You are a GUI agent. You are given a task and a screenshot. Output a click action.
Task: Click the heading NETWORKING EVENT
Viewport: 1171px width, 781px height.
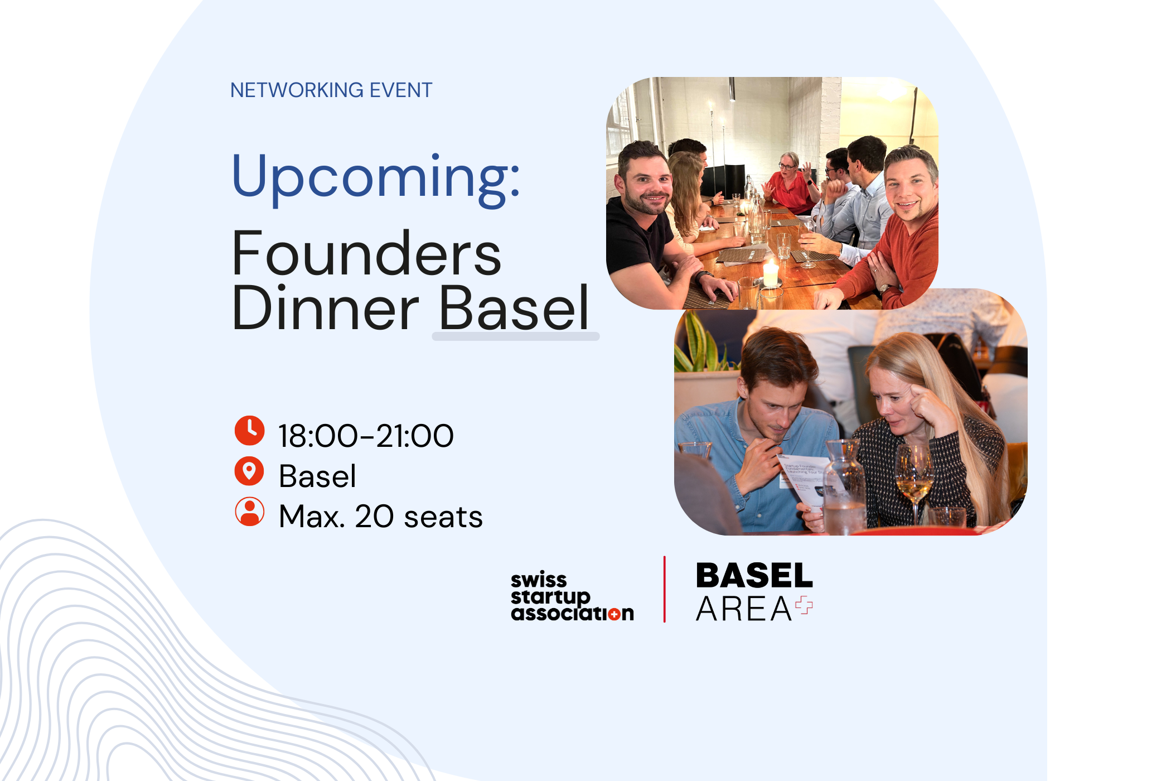[331, 90]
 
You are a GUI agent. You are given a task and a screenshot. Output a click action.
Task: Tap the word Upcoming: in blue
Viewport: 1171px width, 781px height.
[376, 177]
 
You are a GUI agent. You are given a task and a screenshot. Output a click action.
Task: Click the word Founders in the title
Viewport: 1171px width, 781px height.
[366, 254]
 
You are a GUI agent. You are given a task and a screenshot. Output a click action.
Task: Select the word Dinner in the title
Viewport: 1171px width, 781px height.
[325, 308]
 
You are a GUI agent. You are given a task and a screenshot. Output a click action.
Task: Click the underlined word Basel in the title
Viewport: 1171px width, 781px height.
[514, 308]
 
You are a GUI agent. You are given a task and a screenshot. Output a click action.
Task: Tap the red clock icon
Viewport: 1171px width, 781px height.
[249, 431]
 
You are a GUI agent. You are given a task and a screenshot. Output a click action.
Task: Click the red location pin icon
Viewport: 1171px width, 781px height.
[249, 471]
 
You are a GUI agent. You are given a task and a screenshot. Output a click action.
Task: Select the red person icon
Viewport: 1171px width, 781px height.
[249, 512]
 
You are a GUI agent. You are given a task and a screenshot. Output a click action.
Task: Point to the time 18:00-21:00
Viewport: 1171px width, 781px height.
[366, 436]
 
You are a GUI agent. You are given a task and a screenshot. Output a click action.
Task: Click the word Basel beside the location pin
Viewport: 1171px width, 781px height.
[317, 476]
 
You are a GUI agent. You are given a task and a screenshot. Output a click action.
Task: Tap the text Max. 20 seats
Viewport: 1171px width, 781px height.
[380, 517]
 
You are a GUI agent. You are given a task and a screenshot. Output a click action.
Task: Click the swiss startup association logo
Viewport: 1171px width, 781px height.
[572, 597]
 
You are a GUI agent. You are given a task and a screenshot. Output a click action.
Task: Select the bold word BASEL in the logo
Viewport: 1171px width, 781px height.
[754, 576]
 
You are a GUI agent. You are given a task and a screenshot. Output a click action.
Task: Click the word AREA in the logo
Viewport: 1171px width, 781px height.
[744, 609]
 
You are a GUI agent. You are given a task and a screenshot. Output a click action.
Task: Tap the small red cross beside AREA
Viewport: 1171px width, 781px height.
[804, 605]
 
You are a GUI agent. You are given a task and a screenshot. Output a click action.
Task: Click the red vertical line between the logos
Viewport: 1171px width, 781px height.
[664, 589]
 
